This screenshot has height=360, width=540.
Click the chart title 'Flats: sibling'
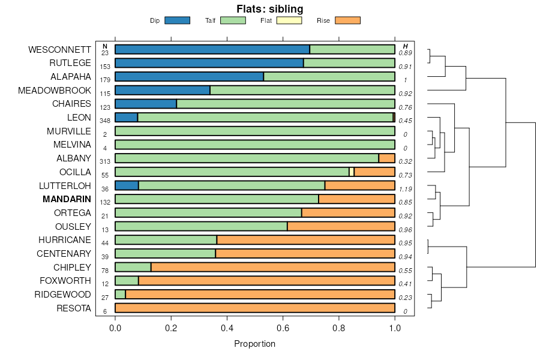[269, 9]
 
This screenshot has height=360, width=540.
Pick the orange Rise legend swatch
[347, 20]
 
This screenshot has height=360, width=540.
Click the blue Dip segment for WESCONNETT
[212, 49]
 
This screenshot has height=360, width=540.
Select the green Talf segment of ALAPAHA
[329, 77]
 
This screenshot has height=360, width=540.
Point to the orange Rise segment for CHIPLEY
[273, 267]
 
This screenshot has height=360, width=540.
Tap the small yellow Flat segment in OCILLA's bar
[352, 172]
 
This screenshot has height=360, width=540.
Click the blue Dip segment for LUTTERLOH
[127, 185]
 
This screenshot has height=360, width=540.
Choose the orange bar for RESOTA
[255, 308]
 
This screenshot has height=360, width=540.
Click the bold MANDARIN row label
[67, 199]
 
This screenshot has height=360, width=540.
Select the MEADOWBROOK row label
[55, 91]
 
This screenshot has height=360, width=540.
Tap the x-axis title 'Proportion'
[254, 344]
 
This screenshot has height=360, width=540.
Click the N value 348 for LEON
[105, 121]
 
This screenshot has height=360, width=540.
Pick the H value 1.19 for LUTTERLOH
[406, 189]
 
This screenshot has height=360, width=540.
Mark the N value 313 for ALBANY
[105, 161]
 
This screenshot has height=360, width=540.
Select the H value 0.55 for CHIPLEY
[406, 271]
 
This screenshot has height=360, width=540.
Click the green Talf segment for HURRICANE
[166, 240]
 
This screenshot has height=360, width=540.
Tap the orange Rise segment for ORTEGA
[348, 213]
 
